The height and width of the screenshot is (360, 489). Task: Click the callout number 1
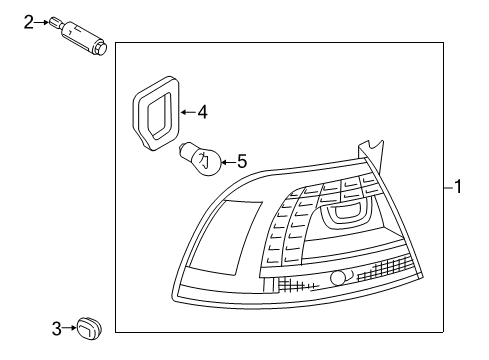(459, 186)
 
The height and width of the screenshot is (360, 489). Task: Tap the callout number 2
(29, 22)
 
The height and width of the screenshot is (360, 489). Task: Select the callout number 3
(57, 329)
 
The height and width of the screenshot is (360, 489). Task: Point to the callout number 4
(203, 112)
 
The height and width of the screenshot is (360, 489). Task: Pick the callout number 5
(242, 162)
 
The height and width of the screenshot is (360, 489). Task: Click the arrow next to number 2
(41, 22)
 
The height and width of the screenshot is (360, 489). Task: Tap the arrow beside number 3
(69, 328)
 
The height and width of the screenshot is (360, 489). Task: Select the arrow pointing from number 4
(188, 112)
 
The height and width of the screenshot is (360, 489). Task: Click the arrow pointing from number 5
(229, 162)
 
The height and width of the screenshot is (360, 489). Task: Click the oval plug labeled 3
(89, 329)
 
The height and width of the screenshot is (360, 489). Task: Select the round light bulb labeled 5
(201, 159)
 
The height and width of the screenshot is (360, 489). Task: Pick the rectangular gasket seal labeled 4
(156, 113)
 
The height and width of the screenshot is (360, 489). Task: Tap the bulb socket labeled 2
(79, 35)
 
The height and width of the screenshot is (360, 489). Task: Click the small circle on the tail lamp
(337, 278)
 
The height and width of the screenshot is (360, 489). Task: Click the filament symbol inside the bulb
(204, 160)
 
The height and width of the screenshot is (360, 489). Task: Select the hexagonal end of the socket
(100, 48)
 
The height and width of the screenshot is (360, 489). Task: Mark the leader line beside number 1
(449, 188)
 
